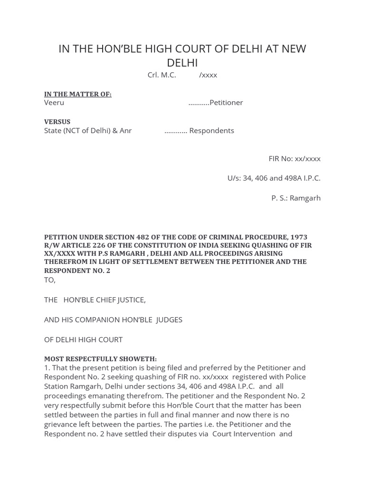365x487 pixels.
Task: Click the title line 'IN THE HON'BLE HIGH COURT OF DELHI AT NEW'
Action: coord(182,49)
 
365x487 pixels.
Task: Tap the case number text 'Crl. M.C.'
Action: coord(162,75)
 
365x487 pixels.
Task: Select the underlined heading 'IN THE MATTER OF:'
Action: coord(78,94)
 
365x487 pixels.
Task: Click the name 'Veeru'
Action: coord(54,103)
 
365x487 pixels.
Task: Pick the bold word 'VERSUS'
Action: coord(58,122)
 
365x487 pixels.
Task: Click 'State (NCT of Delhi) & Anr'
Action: coord(88,130)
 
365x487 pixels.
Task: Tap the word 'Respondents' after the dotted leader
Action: coord(211,130)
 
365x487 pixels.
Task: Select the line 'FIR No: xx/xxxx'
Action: coord(295,158)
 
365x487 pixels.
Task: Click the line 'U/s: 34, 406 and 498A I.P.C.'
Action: coord(274,178)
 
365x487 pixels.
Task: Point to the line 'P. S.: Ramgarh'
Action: coord(296,198)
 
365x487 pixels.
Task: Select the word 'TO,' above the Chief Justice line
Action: coord(50,280)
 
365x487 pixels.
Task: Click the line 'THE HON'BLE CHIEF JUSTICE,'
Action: coord(95,300)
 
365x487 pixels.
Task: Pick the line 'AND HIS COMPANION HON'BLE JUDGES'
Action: coord(113,320)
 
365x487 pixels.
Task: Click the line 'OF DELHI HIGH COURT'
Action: coord(83,340)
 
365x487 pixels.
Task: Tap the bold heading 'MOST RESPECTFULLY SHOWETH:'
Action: coord(100,359)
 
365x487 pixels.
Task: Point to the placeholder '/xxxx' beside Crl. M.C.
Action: coord(208,75)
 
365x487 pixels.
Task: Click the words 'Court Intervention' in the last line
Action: coord(244,434)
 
